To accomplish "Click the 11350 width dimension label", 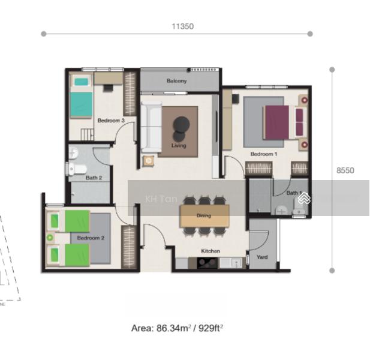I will (182, 26).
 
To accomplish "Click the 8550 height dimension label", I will (345, 170).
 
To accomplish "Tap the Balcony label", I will (176, 81).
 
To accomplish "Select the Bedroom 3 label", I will (111, 121).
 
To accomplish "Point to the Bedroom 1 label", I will (264, 154).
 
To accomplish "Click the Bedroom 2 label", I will (91, 238).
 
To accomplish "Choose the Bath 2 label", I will (94, 178).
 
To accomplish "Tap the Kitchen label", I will (210, 251).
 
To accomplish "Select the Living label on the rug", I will (179, 145).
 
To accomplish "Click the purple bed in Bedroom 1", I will (279, 122).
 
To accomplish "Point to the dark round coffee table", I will (181, 125).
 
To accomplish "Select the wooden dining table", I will (204, 215).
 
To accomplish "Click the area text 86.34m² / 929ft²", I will (177, 328).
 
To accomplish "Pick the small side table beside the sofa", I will (148, 160).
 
